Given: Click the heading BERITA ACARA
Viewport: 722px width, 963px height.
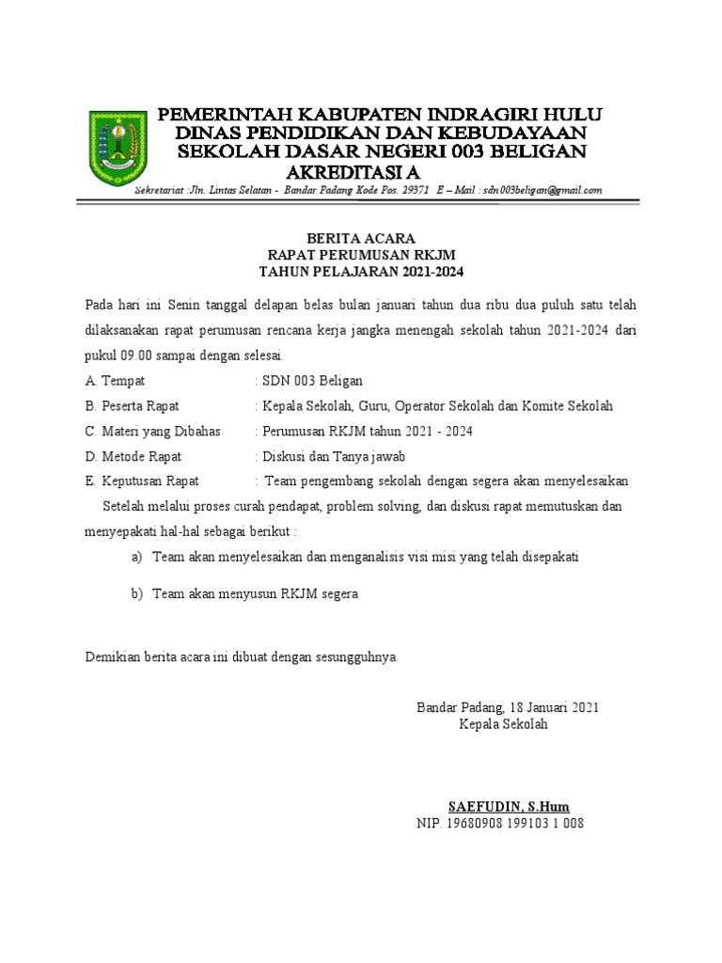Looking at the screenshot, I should pos(361,239).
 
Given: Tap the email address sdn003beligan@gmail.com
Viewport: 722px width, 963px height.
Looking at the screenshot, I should pos(542,190).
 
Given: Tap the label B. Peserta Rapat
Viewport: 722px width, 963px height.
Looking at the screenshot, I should pos(132,406).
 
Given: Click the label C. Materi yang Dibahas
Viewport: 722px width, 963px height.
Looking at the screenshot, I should pos(152,432).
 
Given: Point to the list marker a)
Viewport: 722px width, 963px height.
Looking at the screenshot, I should pos(136,557).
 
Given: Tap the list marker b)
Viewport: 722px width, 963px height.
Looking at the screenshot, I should pos(136,594).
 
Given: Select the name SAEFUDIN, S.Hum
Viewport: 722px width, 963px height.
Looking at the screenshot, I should pos(509,807).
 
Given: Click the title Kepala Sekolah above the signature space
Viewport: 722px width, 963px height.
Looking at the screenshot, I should pos(503,725).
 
